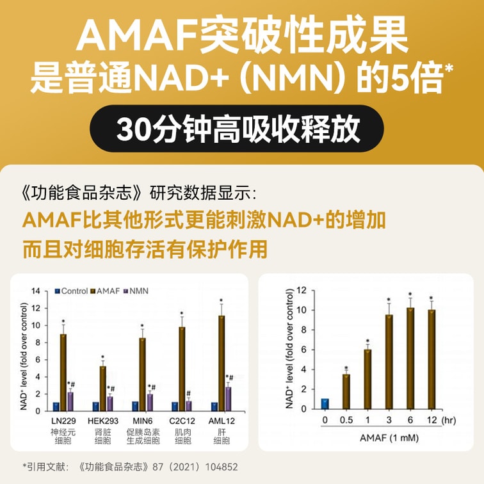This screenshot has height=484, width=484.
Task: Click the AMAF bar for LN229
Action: [x=63, y=372]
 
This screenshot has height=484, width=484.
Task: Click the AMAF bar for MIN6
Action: [x=142, y=374]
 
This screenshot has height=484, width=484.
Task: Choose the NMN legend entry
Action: [x=134, y=291]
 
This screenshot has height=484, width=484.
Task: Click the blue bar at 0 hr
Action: [x=325, y=403]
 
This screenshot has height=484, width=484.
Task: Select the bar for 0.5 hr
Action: [x=346, y=391]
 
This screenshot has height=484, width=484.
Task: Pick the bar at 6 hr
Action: [x=410, y=358]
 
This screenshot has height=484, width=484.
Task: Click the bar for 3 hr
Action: [x=389, y=361]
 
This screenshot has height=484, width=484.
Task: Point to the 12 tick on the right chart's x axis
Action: [x=432, y=419]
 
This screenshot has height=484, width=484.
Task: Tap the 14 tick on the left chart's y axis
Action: [x=36, y=291]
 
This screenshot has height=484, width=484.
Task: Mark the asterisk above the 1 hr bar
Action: [x=367, y=341]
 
